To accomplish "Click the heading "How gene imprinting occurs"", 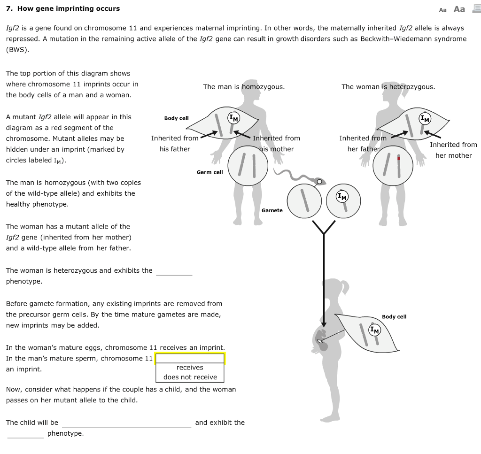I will tap(69, 8).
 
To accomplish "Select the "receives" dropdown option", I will tap(190, 368).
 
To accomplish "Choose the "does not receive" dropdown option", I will tap(190, 377).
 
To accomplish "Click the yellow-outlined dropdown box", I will tap(190, 359).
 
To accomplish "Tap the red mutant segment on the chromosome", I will tap(398, 158).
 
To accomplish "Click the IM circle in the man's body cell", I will tap(233, 118).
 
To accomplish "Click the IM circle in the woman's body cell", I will tap(425, 119).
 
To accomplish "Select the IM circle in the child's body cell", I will tap(374, 330).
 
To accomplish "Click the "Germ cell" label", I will tap(209, 172).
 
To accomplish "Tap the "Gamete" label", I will tap(272, 210).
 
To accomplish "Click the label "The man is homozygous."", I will tap(243, 87).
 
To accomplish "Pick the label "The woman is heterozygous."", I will tap(388, 87).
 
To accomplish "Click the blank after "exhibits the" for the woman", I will tap(174, 271).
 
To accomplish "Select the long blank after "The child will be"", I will tap(126, 423).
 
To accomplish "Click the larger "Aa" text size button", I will tap(459, 9).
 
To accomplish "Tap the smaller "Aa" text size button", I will tap(442, 9).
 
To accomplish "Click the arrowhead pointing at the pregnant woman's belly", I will tap(324, 324).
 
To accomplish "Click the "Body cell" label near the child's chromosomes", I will tap(394, 317).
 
